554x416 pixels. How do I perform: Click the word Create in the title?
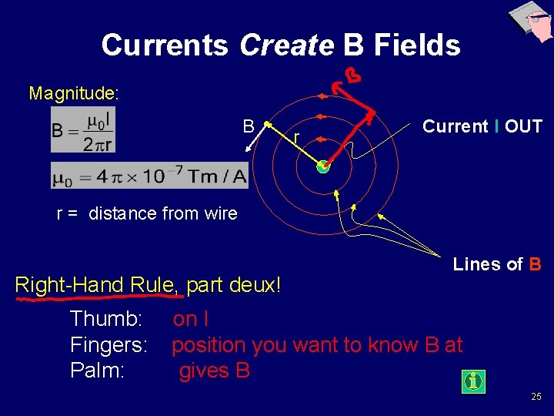286,45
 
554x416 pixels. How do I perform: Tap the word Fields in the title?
417,45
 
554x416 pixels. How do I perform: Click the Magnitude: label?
74,94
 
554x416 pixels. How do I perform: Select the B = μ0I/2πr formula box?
82,129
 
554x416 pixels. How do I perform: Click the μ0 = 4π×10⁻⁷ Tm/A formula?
149,176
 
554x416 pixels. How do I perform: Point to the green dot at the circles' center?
323,166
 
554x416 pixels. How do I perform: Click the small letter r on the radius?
296,139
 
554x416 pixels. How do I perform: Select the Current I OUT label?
482,126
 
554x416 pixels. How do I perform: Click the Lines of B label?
497,264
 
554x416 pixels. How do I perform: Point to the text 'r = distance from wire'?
147,213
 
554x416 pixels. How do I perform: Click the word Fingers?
108,344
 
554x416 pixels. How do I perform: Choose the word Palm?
97,371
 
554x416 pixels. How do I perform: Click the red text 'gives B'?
215,371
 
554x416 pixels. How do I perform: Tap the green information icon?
473,381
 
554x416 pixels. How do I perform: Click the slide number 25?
536,397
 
